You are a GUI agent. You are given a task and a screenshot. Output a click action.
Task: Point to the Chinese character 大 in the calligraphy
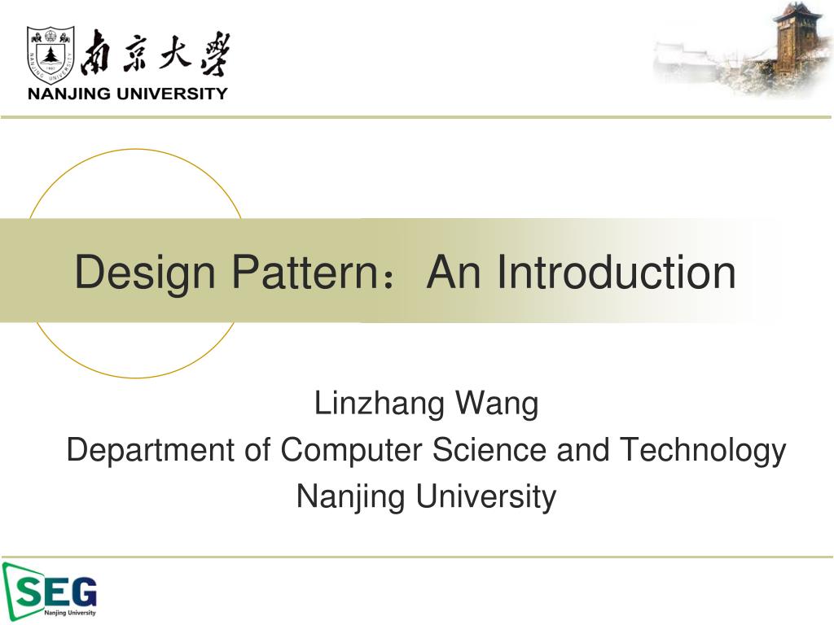click(177, 54)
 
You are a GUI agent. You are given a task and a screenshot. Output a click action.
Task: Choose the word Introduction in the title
click(617, 272)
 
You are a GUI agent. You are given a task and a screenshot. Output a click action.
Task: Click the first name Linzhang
click(380, 404)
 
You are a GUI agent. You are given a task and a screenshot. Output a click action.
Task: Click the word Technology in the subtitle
click(703, 451)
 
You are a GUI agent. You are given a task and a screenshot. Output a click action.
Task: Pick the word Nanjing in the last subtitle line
click(352, 496)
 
